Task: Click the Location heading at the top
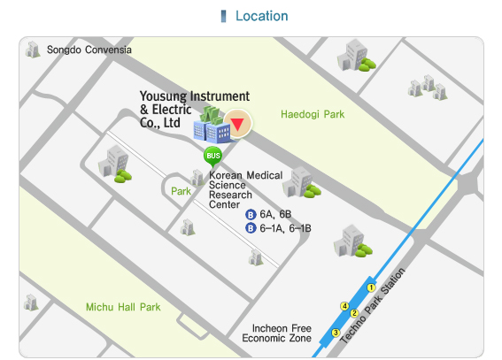point(261,16)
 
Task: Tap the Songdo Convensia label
point(89,50)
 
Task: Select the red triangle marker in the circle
point(236,122)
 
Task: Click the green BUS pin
point(212,157)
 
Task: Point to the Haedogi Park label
point(312,114)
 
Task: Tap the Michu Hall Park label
point(123,307)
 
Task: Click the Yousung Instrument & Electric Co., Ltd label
point(194,109)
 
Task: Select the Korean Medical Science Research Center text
point(245,190)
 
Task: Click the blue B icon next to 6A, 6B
point(251,214)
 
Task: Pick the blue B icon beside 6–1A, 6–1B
point(251,227)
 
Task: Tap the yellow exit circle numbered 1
point(372,288)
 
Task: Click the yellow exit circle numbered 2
point(353,313)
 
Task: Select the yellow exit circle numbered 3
point(336,333)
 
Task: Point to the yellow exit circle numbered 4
point(344,306)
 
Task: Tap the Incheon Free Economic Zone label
point(276,333)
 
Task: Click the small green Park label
point(181,190)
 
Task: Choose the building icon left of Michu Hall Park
point(31,302)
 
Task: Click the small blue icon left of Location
point(223,16)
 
